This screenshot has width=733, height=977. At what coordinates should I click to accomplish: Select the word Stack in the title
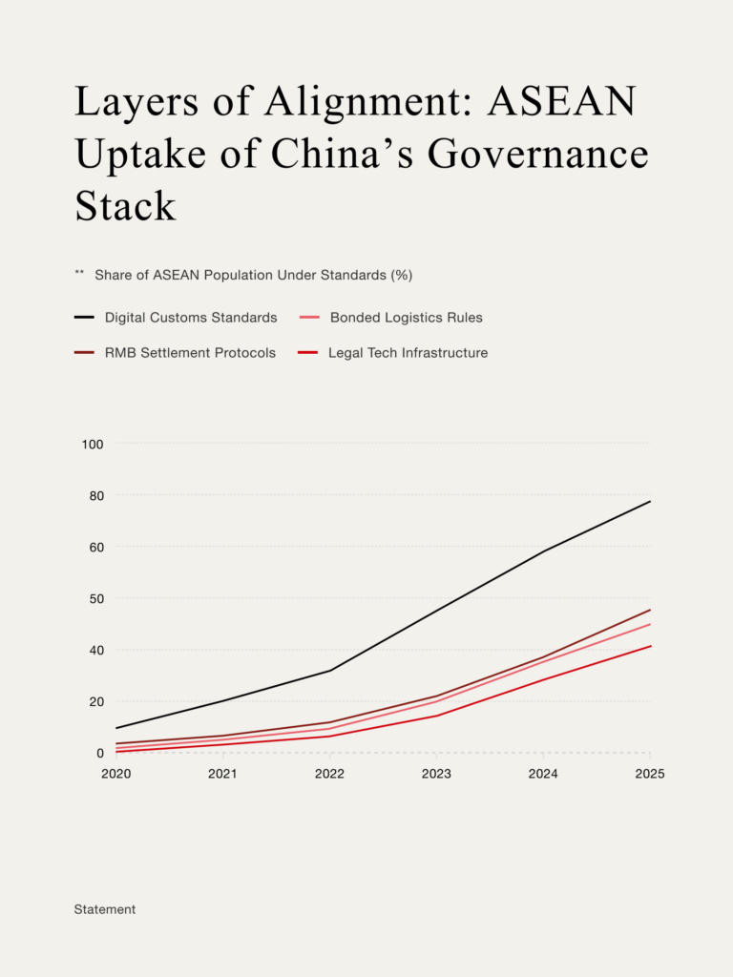coord(125,205)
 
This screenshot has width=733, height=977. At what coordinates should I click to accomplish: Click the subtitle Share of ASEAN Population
coord(253,275)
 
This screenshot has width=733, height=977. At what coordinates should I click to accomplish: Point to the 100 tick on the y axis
coord(94,444)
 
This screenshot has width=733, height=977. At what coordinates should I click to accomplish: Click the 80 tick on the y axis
coord(94,495)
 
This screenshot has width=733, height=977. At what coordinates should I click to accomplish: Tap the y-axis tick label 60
coord(94,547)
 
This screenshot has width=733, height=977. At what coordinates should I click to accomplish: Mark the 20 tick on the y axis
coord(94,701)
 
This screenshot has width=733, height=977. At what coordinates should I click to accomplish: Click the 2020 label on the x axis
coord(115,774)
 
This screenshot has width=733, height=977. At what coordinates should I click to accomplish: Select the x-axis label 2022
coord(329,774)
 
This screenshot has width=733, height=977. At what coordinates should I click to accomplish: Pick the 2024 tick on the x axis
coord(543,774)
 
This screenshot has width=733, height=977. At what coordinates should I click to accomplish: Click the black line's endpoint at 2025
coord(650,501)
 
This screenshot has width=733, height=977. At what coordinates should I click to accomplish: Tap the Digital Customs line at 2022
coord(329,671)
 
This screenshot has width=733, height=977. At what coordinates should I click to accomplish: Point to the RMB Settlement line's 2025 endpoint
coord(650,610)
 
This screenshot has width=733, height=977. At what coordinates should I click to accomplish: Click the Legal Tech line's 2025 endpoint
coord(650,646)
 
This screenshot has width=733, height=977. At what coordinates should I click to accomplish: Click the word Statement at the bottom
coord(105,909)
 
